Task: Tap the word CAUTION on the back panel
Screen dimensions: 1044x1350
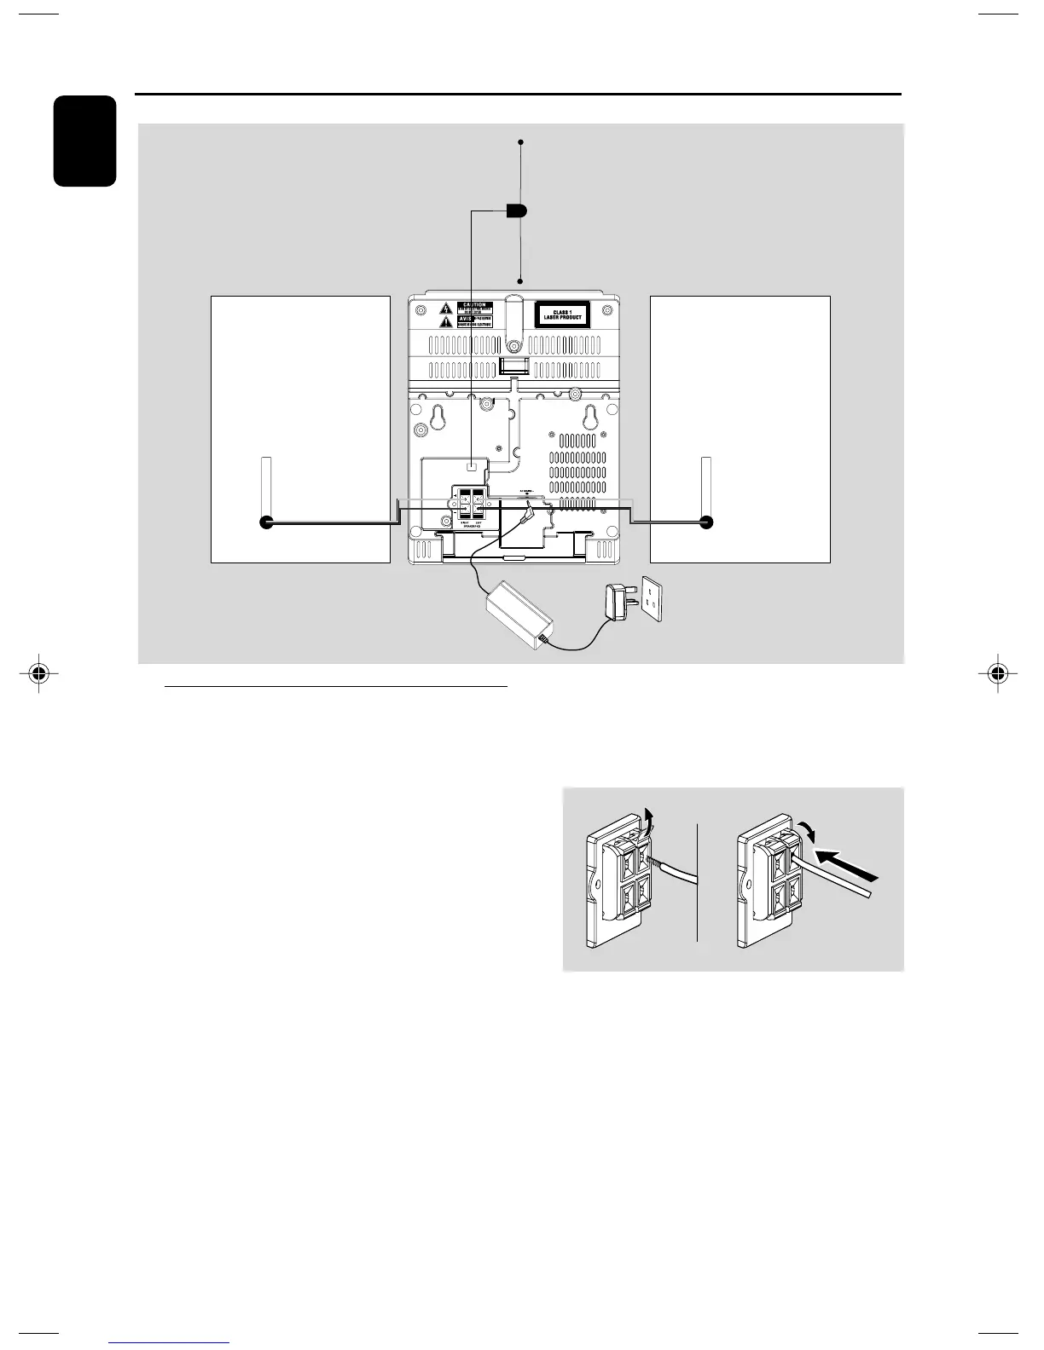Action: pyautogui.click(x=474, y=304)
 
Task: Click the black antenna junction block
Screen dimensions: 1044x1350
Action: pyautogui.click(x=516, y=211)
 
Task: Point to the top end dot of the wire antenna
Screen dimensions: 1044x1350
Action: pyautogui.click(x=519, y=141)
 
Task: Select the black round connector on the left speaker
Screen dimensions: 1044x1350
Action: pyautogui.click(x=266, y=523)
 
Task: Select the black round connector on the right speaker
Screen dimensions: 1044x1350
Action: pyautogui.click(x=705, y=523)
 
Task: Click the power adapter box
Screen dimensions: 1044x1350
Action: pyautogui.click(x=520, y=609)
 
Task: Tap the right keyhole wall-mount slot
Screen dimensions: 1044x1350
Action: pyautogui.click(x=588, y=417)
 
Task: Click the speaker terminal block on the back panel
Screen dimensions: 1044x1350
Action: pyautogui.click(x=471, y=504)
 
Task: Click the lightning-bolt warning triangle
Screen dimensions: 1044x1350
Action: pyautogui.click(x=445, y=308)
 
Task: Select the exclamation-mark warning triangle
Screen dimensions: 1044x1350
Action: pyautogui.click(x=445, y=323)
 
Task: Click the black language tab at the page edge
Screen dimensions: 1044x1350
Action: pyautogui.click(x=84, y=141)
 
